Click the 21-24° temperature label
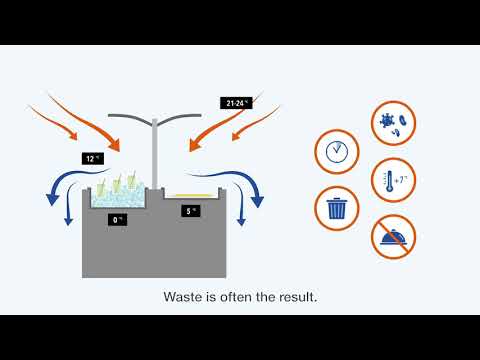click(235, 102)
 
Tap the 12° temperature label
click(92, 158)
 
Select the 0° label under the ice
click(117, 220)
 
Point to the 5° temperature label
click(191, 211)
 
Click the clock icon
click(337, 152)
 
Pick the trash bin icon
click(336, 208)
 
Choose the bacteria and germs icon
click(392, 122)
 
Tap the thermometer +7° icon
click(392, 180)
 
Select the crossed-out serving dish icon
click(392, 237)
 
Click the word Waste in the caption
click(185, 297)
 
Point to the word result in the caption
click(295, 297)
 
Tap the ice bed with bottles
click(118, 197)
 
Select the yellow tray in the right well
click(192, 194)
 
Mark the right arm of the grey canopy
click(180, 118)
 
